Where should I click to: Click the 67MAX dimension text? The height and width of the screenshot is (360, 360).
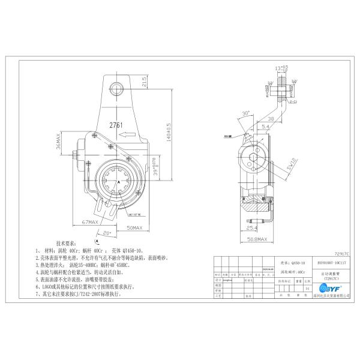[x=91, y=222]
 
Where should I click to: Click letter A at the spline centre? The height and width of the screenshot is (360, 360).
[x=119, y=180]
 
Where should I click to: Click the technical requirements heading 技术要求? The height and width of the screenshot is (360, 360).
[x=67, y=244]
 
